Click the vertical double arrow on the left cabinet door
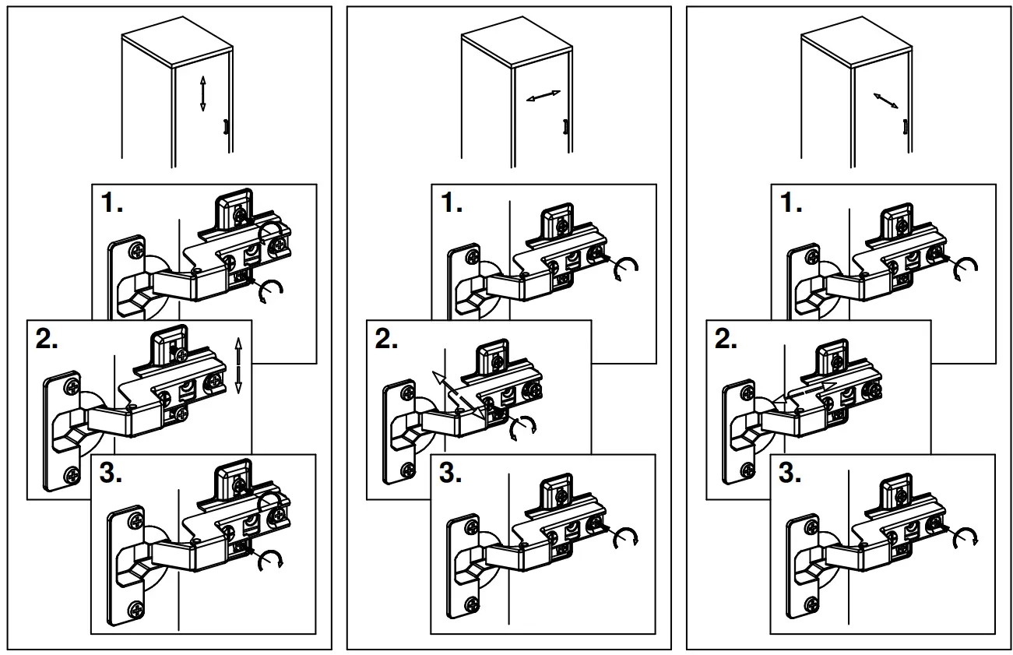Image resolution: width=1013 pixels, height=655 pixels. point(202,93)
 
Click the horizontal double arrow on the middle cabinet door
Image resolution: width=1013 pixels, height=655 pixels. point(543,96)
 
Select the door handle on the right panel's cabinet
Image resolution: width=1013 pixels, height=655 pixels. point(905,127)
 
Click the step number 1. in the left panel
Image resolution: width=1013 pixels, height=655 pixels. point(112,204)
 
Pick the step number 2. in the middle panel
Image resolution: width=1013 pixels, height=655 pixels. point(387,340)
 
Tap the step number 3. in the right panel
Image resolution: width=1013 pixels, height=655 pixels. point(792,474)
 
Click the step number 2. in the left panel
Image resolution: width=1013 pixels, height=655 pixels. point(47,340)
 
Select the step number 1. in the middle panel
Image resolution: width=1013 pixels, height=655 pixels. point(452,204)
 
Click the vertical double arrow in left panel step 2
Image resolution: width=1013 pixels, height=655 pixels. point(239,364)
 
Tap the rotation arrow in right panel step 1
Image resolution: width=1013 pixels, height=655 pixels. point(967,267)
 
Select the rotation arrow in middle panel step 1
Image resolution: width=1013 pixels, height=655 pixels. point(628,267)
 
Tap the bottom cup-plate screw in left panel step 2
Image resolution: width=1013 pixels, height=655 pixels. point(72,471)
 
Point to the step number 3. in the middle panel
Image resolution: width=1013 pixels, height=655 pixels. point(452,474)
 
